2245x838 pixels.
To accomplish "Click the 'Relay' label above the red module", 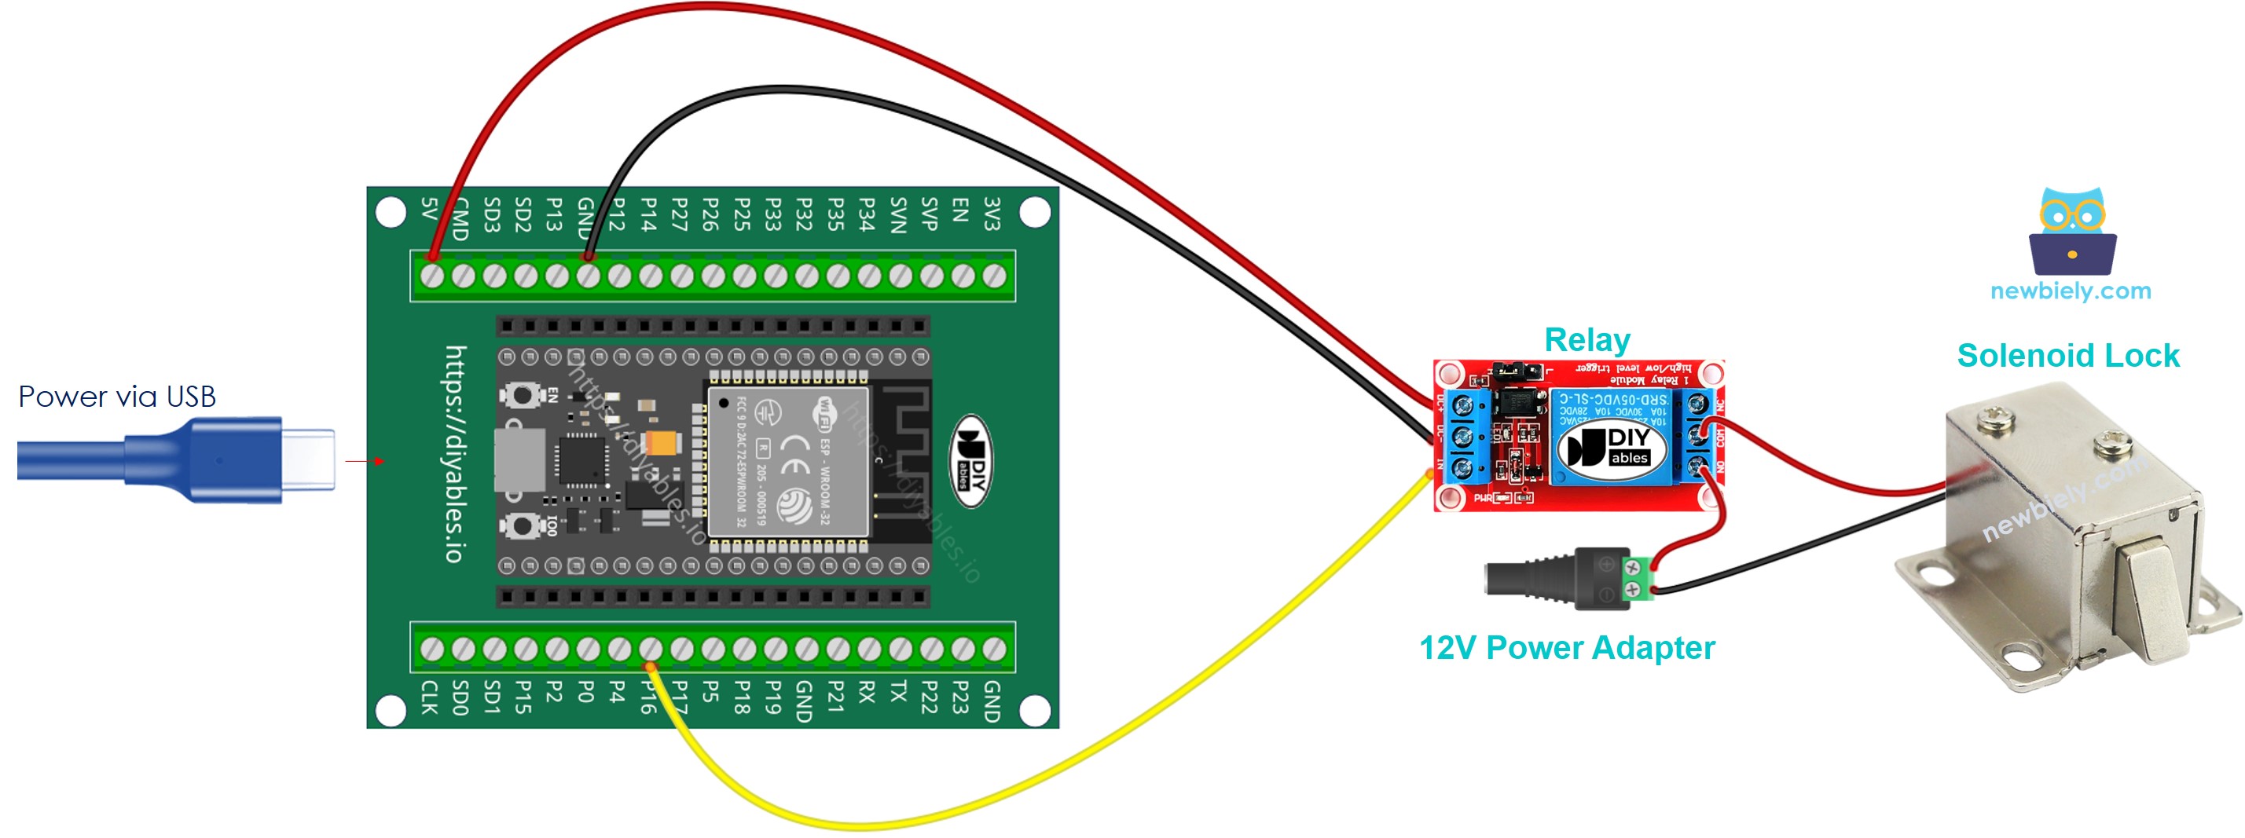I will coord(1587,340).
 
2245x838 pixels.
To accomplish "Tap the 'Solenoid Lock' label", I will coord(2067,356).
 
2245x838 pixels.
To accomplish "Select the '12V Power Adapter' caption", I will coord(1566,647).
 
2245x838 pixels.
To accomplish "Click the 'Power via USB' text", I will coord(117,397).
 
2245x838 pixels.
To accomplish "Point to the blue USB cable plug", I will coord(235,459).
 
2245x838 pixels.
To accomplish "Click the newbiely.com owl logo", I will coord(2071,231).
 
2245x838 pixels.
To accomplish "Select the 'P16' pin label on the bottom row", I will coord(648,697).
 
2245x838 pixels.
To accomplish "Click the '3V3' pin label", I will coord(992,214).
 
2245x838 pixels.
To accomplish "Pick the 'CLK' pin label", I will coord(429,697).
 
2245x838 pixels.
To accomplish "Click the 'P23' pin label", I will coord(960,697).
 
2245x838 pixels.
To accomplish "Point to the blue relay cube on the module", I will coord(1611,436).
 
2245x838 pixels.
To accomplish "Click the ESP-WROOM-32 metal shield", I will coord(789,462).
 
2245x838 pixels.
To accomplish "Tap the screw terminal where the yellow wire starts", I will coord(650,649).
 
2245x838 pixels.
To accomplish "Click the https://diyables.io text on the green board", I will coord(456,454).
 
